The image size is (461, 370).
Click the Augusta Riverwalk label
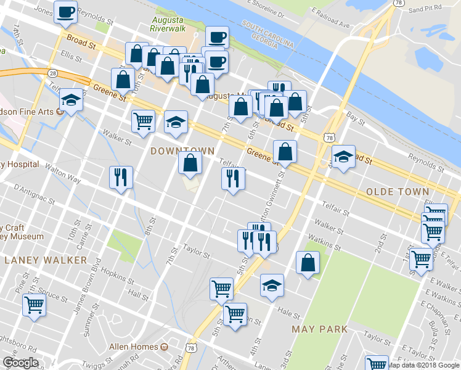(168, 23)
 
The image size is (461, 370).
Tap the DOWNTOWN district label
(182, 151)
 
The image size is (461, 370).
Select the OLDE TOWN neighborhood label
(398, 192)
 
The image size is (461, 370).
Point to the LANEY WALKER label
(46, 260)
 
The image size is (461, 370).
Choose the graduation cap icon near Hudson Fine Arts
(71, 100)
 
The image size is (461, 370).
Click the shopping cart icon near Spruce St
(34, 304)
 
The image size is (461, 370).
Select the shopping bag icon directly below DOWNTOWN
(190, 163)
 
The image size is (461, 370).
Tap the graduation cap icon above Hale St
(272, 285)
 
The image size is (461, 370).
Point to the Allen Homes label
(134, 347)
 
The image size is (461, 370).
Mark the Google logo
(20, 363)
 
